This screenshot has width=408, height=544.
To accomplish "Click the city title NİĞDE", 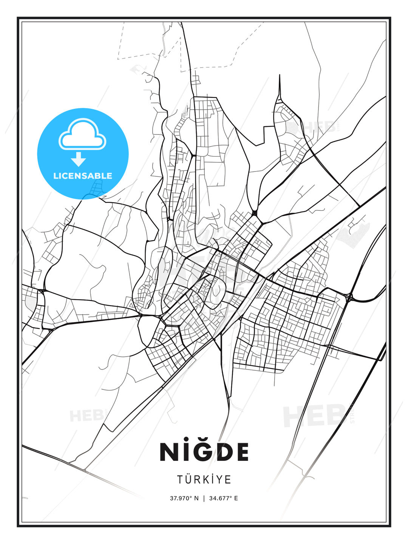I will pyautogui.click(x=204, y=451).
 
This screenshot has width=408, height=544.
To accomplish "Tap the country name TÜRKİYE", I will pyautogui.click(x=204, y=479).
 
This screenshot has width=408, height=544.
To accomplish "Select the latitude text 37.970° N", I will pyautogui.click(x=184, y=498).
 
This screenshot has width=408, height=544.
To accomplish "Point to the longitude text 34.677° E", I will pyautogui.click(x=223, y=498).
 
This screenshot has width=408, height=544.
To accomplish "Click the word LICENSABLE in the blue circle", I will pyautogui.click(x=83, y=176).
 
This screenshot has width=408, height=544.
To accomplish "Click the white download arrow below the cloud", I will pyautogui.click(x=79, y=159).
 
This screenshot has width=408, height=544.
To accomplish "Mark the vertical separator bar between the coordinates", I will pyautogui.click(x=204, y=498).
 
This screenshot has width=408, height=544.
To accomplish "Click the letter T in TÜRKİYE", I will pyautogui.click(x=181, y=479).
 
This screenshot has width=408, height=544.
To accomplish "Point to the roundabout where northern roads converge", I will pyautogui.click(x=255, y=213).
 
